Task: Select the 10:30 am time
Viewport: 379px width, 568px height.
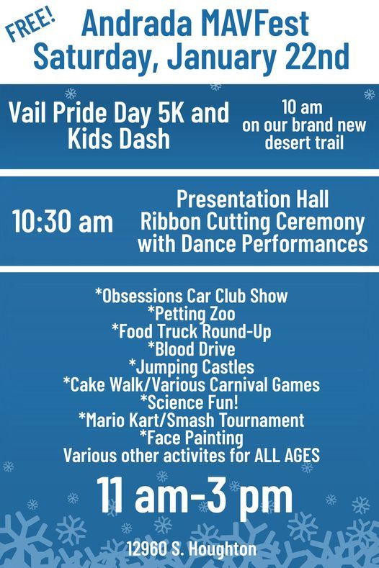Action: click(x=63, y=222)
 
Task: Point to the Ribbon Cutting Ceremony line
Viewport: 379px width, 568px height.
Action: click(x=252, y=221)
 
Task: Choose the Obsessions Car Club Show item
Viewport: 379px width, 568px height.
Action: click(x=191, y=296)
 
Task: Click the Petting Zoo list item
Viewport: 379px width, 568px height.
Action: click(x=191, y=314)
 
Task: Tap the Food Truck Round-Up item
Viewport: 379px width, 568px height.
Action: click(x=191, y=332)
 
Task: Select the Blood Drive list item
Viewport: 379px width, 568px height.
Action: click(x=191, y=349)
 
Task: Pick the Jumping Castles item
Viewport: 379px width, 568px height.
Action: click(x=191, y=367)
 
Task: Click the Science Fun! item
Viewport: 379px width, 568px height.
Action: click(x=191, y=402)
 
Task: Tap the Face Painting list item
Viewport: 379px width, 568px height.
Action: click(x=191, y=438)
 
